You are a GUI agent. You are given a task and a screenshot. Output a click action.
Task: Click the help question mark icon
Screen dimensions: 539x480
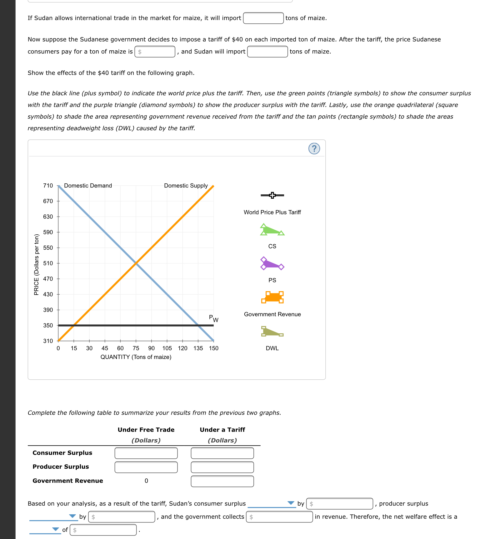[x=314, y=148]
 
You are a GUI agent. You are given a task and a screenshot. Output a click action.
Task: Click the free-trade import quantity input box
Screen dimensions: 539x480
[x=263, y=18]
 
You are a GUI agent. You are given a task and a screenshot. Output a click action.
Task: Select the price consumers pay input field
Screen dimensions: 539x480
[x=155, y=52]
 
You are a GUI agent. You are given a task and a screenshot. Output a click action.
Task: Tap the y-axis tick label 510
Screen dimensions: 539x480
[x=48, y=263]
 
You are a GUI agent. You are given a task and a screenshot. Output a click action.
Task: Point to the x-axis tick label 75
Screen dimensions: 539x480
[x=136, y=348]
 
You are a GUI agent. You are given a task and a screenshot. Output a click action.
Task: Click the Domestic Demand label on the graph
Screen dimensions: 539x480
[x=88, y=186]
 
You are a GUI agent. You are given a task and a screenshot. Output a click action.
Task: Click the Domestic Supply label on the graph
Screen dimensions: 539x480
[x=186, y=186]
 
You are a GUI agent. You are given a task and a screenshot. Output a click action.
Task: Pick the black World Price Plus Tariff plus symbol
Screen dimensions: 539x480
[x=272, y=195]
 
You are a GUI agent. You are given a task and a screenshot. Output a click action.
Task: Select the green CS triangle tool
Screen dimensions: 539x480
[x=271, y=230]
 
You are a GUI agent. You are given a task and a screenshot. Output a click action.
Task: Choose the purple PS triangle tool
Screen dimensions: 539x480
[x=271, y=264]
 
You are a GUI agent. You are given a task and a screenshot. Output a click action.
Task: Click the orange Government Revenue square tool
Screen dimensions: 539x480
[x=272, y=297]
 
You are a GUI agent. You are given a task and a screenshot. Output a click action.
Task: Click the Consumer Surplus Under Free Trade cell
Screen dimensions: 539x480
[x=146, y=453]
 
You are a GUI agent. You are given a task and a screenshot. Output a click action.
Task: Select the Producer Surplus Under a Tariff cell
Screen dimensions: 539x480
[x=222, y=467]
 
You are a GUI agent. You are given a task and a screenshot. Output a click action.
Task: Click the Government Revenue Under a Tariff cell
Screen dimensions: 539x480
[x=222, y=481]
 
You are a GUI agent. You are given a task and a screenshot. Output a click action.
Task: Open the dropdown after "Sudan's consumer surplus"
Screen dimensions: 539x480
[x=271, y=503]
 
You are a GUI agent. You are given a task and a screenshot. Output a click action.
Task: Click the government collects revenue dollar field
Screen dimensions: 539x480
[x=279, y=517]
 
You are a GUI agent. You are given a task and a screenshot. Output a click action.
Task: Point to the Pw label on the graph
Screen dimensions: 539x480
[x=214, y=318]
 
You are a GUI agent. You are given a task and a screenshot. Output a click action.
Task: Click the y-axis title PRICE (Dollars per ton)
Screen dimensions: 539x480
[x=37, y=264]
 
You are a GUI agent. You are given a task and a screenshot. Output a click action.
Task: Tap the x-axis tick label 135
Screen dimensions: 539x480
[x=198, y=348]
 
